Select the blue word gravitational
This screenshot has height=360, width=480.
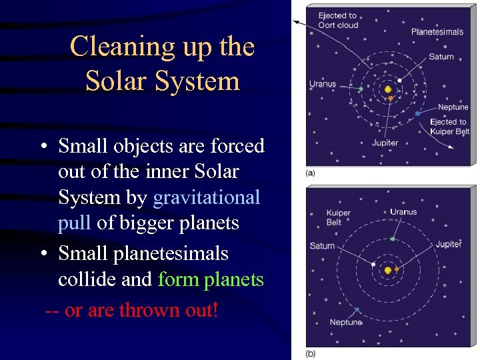coord(206,197)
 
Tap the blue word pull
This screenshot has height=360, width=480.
coord(74,223)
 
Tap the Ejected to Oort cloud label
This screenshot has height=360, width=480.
coord(338,20)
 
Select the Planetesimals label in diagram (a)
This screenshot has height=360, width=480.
coord(437,31)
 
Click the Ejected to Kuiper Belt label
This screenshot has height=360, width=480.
coord(450,127)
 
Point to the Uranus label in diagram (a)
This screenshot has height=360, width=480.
coord(323,84)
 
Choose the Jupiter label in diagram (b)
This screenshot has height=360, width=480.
coord(448,244)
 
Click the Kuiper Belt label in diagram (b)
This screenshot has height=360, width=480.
coord(338,217)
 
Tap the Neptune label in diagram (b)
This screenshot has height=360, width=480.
coord(345,323)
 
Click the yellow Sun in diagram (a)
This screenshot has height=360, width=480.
coord(388,89)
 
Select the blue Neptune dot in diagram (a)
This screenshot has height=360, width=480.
coord(417,114)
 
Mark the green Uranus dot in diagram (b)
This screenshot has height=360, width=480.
coord(393,239)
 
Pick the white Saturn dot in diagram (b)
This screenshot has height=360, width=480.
coord(373,264)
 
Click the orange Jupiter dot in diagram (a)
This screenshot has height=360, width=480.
coord(391,99)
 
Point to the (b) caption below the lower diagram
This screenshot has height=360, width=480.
coord(311,353)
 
